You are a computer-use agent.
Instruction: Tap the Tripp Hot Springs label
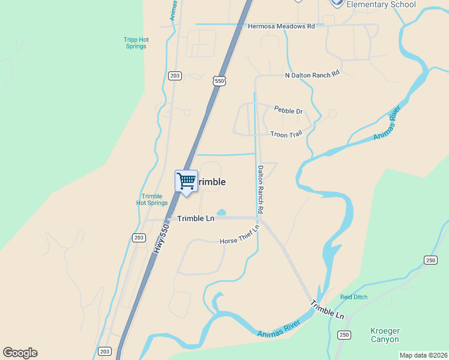[136, 43]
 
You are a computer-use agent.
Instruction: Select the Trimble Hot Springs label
[152, 200]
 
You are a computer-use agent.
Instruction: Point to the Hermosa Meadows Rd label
[282, 26]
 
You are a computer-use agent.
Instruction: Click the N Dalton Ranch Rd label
[312, 73]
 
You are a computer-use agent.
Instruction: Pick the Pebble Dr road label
[288, 110]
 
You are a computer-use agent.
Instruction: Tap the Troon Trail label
[286, 134]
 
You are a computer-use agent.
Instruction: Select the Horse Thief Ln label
[240, 234]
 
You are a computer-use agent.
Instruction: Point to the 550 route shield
[218, 80]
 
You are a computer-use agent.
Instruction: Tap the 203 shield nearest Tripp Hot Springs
[175, 76]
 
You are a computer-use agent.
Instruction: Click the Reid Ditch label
[354, 297]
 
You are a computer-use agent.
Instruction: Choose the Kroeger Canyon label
[385, 335]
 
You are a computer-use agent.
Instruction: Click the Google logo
[20, 353]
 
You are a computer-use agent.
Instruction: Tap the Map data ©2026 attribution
[423, 355]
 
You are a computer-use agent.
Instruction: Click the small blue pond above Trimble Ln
[221, 212]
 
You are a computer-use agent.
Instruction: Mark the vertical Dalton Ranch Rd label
[261, 190]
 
